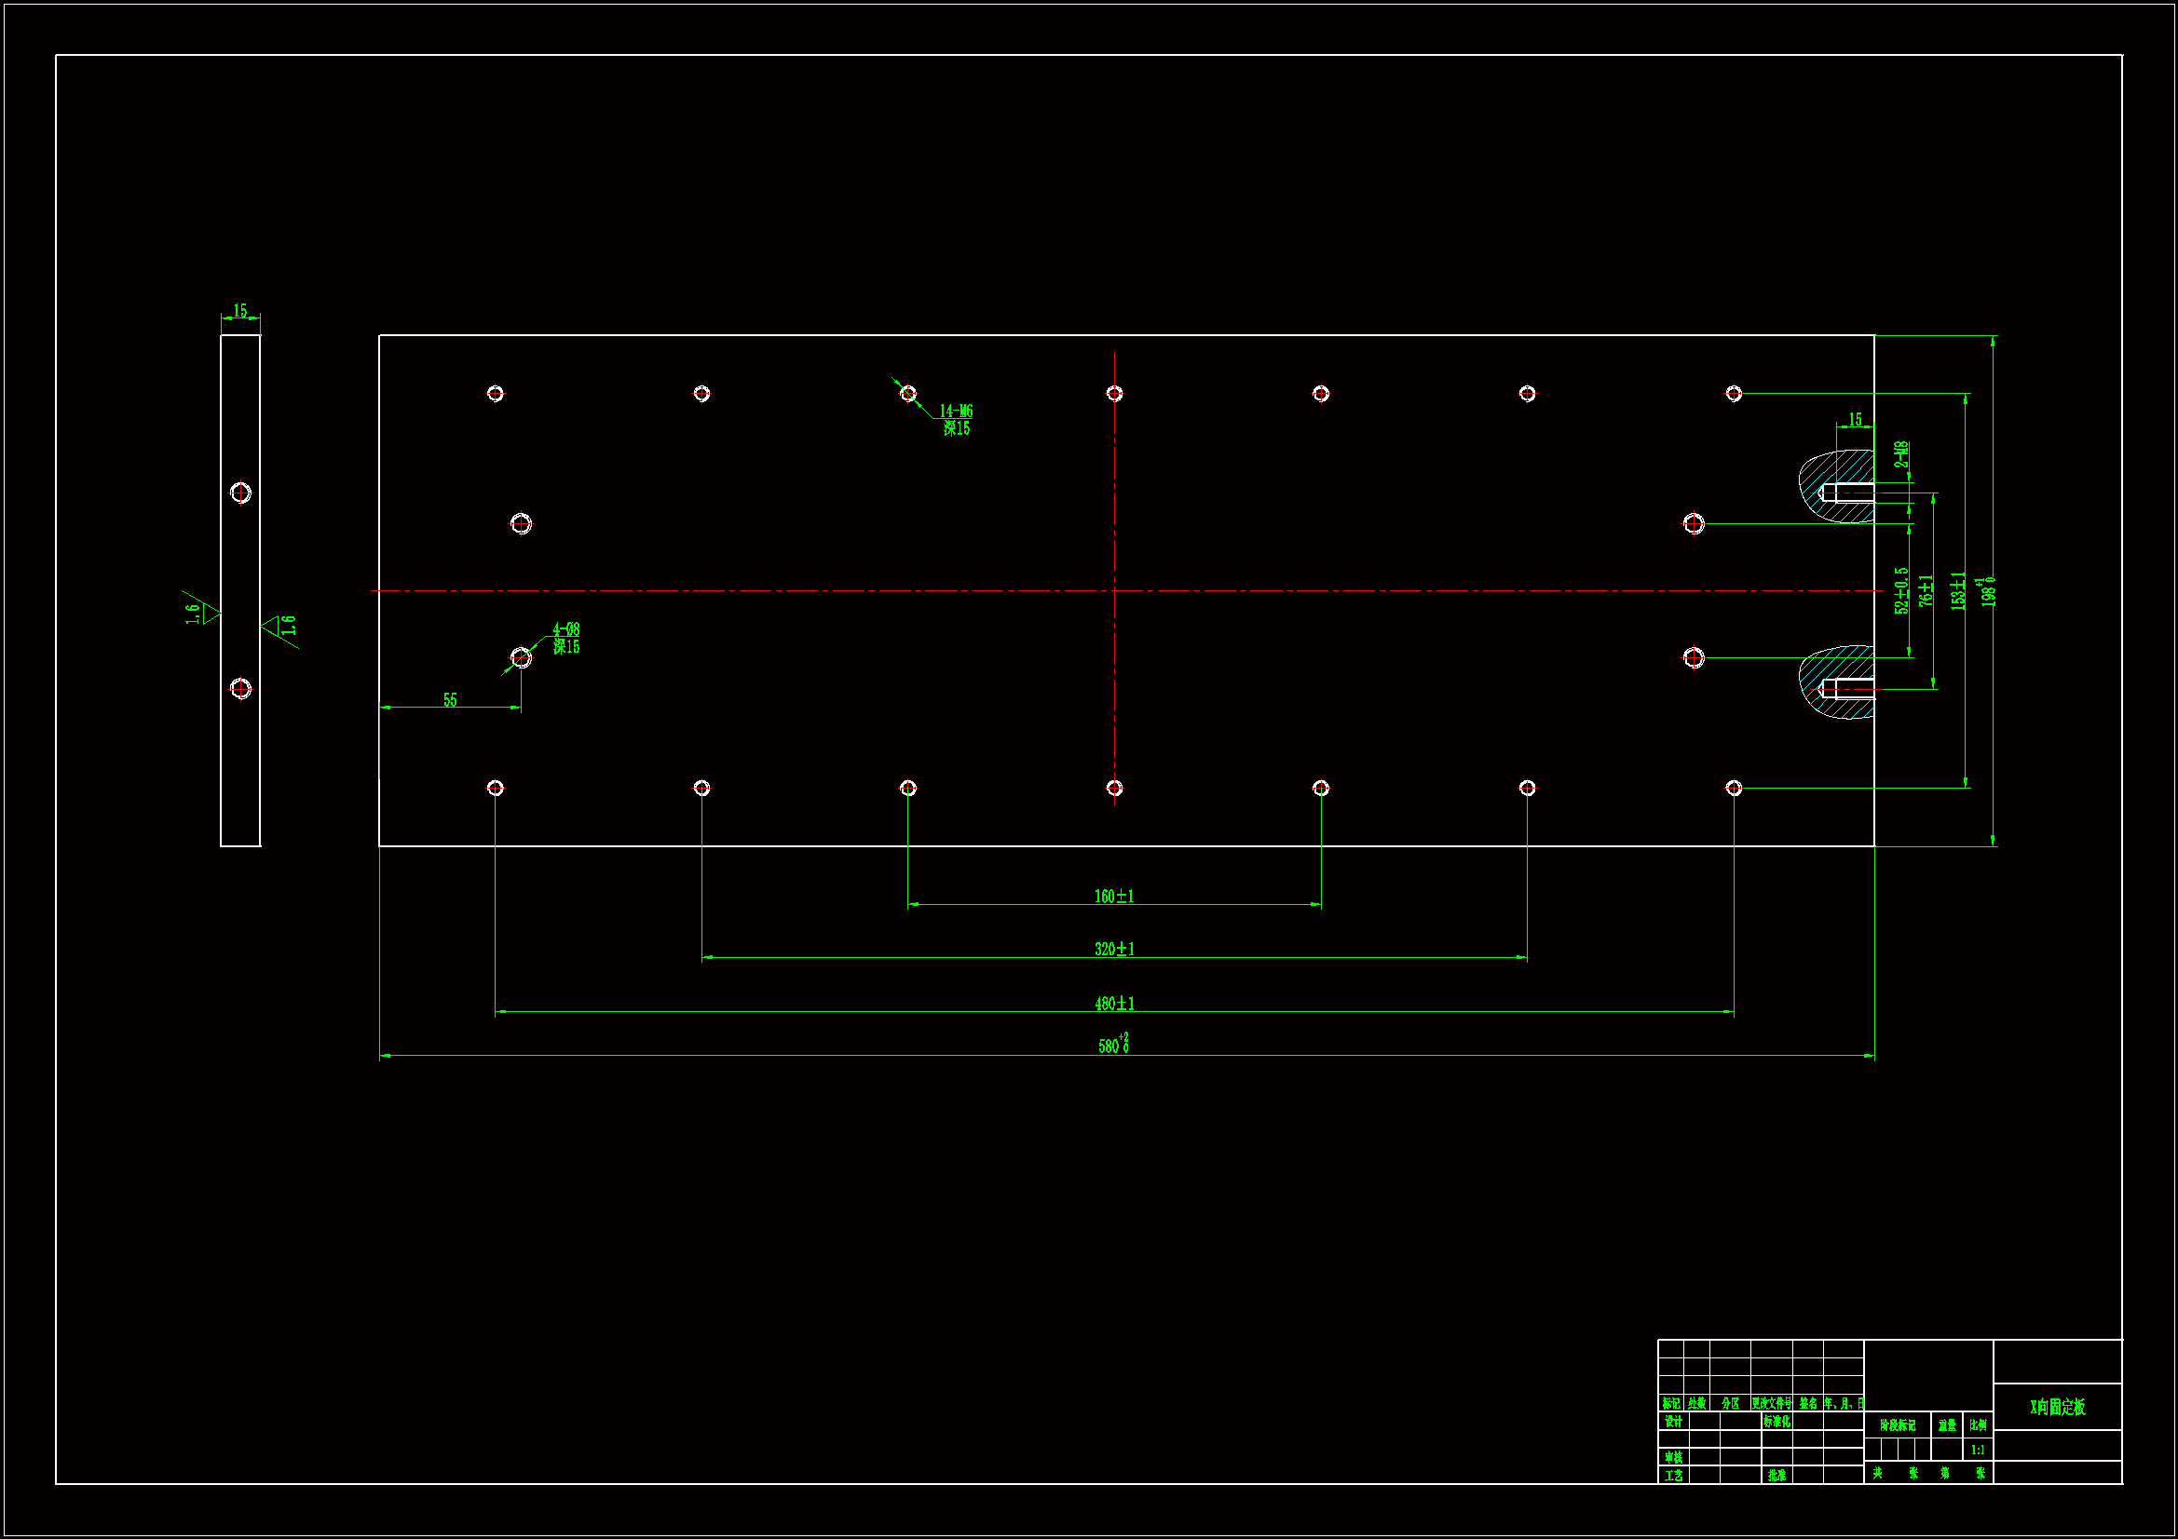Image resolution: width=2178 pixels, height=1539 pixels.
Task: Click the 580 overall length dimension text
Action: click(1112, 1045)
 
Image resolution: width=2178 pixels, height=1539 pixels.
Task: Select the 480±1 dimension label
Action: click(1114, 1004)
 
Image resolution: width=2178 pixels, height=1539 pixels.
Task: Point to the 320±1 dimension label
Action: click(1114, 950)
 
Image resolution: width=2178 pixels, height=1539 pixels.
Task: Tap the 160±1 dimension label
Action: click(1114, 896)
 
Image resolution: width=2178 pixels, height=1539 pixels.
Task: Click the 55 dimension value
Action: click(450, 700)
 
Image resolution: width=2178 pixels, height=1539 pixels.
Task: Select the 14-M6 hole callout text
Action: click(956, 412)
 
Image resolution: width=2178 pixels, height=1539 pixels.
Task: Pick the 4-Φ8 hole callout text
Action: click(566, 629)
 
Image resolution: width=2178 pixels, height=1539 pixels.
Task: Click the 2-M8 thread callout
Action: click(1902, 455)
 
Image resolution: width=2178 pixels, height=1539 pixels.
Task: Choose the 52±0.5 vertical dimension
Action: click(1901, 591)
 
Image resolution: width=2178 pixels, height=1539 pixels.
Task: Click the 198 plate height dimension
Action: click(1988, 592)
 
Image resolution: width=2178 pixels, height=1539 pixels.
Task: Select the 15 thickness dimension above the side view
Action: click(240, 311)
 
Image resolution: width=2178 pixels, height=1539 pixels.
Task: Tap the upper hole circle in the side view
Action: click(241, 493)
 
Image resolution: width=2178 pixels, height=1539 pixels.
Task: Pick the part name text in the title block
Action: click(2058, 1407)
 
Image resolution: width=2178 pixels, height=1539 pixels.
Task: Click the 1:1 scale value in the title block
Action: click(1978, 1450)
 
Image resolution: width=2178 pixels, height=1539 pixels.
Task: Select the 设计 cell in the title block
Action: click(1673, 1422)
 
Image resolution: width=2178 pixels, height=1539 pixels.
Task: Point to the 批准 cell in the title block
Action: click(1776, 1476)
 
